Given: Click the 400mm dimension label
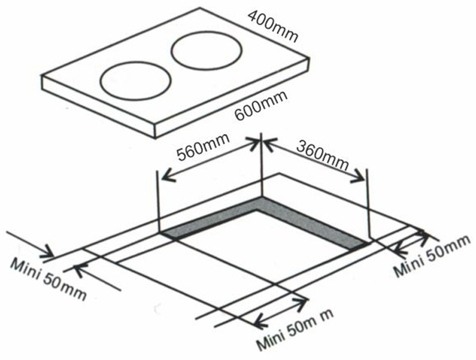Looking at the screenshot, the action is tap(272, 26).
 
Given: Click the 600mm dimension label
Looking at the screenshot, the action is tap(261, 106).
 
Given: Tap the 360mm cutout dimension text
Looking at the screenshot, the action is tap(322, 155).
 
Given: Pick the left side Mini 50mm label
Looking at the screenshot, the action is tap(48, 280).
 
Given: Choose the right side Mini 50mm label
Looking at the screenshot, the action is tap(432, 256).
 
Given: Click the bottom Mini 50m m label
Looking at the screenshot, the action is tap(295, 330).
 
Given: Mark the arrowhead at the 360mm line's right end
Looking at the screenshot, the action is tap(358, 177).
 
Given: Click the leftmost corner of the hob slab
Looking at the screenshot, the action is tap(42, 76).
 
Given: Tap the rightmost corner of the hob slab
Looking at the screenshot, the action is tap(309, 59).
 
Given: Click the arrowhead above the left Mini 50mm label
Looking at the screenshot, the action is tap(49, 251).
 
